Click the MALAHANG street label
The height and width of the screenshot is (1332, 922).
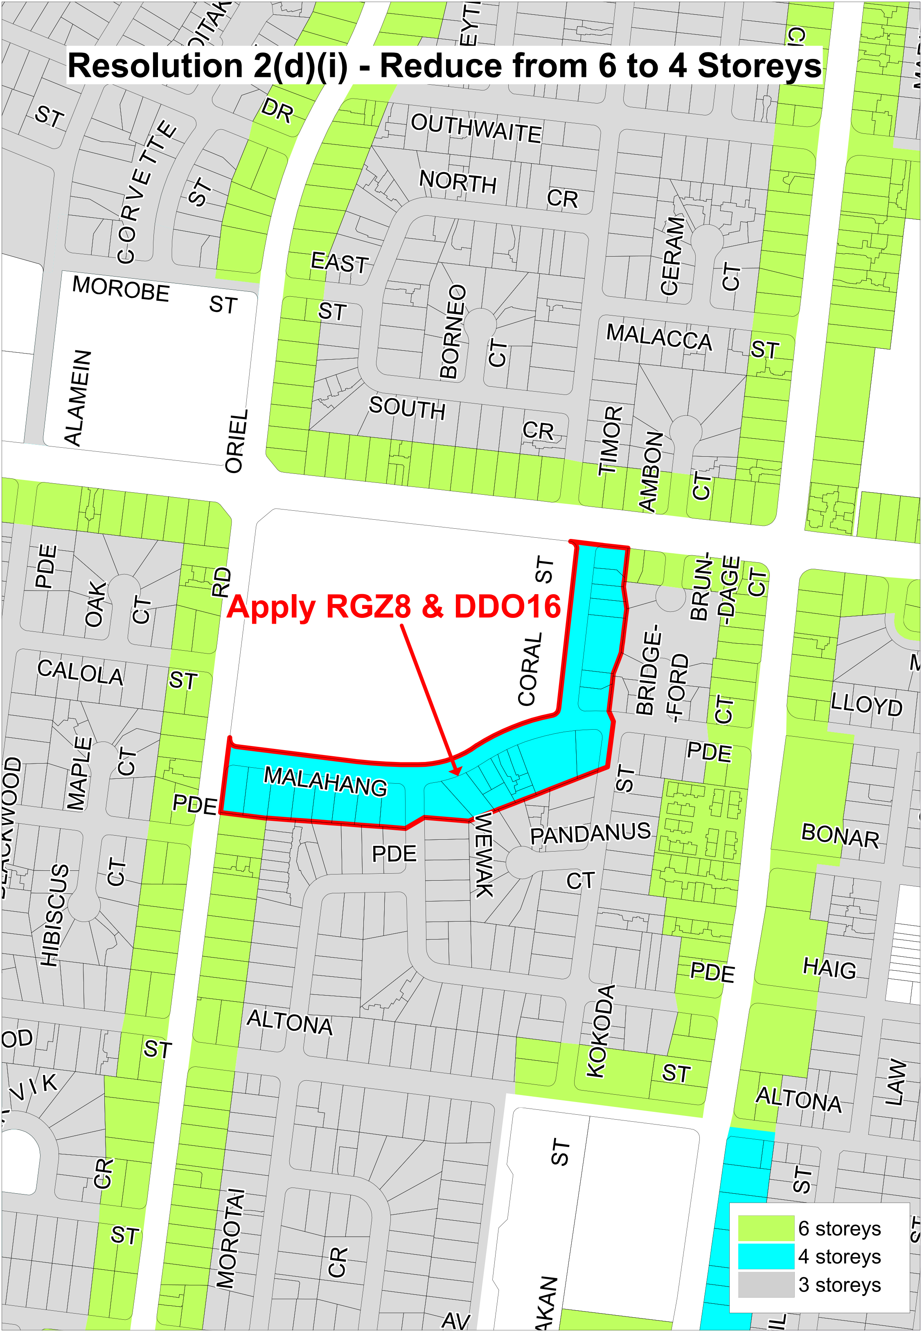coord(325,781)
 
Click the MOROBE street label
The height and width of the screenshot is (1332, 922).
coord(121,288)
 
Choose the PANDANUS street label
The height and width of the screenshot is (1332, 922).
coord(590,834)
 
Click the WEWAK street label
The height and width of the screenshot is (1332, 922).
coord(484,855)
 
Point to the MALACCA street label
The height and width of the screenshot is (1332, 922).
coord(659,337)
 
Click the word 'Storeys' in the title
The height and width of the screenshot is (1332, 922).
coord(759,65)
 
